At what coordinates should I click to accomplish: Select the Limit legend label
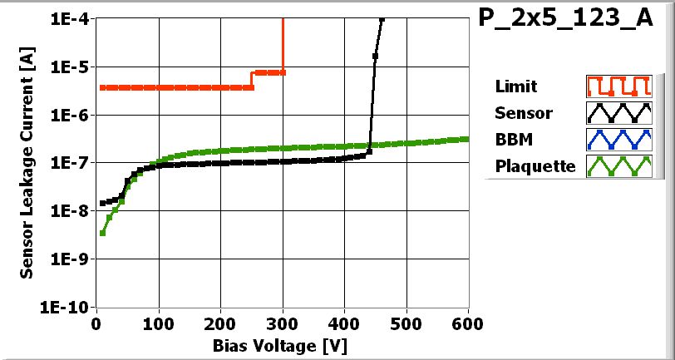[x=515, y=86]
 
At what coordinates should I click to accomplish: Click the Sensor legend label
[x=523, y=112]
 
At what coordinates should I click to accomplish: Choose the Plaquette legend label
[x=535, y=165]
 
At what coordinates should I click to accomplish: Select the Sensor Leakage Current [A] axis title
[x=27, y=162]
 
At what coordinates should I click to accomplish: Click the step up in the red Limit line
[x=252, y=80]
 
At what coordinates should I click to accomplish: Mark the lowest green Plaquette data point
[x=102, y=233]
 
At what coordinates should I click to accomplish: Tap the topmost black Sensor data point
[x=382, y=20]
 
